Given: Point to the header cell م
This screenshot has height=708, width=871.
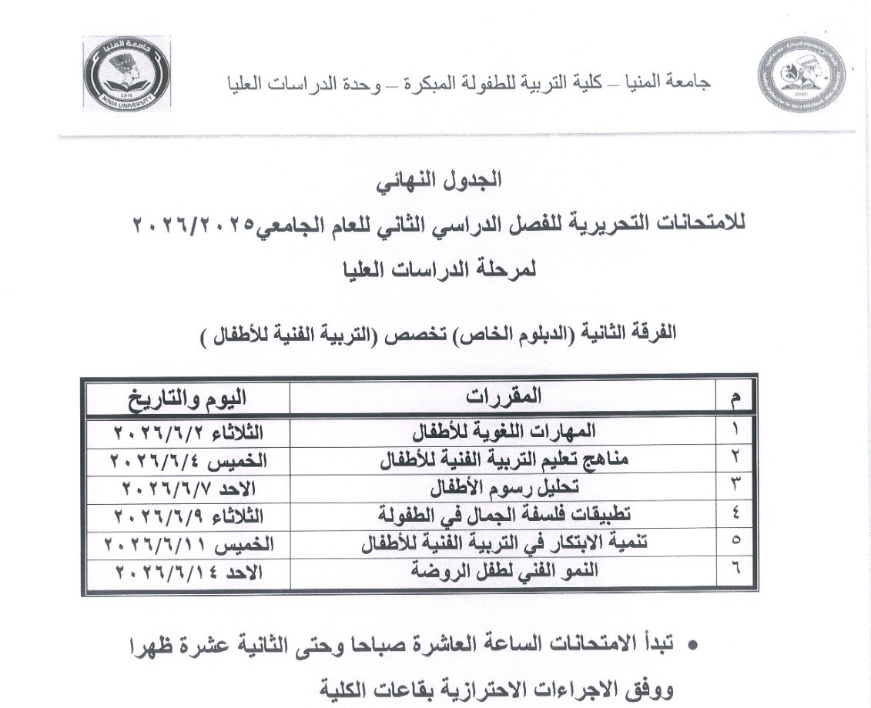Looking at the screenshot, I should [x=733, y=398].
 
